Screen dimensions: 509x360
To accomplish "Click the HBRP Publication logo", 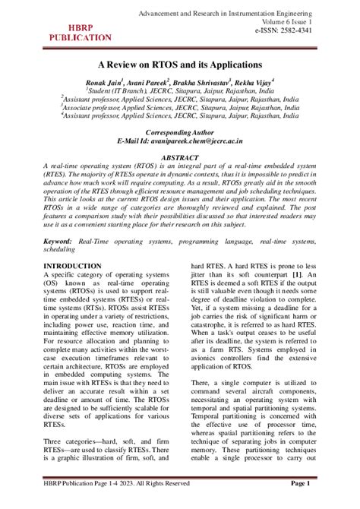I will [x=81, y=31].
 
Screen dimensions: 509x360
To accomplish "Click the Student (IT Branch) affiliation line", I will [x=180, y=89].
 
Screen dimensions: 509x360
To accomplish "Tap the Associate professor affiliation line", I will [x=180, y=108].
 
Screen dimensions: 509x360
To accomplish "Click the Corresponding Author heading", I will [x=180, y=131].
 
